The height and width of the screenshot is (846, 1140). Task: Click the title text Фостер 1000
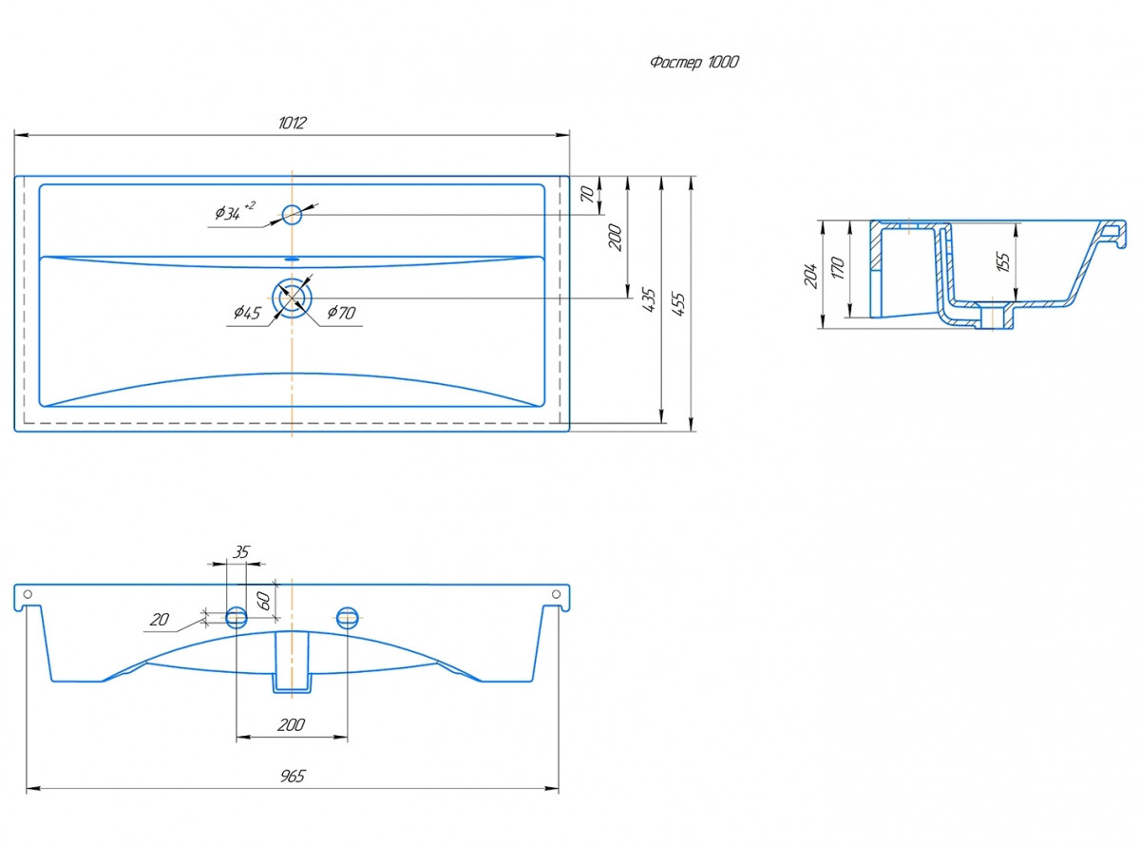(694, 62)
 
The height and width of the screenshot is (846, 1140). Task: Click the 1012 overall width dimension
(292, 123)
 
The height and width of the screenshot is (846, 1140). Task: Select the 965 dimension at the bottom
(293, 776)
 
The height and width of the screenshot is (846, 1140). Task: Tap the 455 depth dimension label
(678, 304)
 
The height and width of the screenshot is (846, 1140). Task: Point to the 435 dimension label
(649, 299)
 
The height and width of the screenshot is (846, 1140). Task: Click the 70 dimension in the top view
(587, 195)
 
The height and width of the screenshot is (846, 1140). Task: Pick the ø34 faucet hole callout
(235, 211)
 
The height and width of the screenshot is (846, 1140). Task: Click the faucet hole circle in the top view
(292, 214)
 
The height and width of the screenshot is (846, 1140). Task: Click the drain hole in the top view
(292, 298)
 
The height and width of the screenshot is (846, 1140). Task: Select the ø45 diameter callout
(247, 312)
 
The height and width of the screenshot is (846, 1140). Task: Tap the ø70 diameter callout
(341, 312)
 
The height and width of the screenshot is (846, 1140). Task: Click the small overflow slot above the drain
(292, 260)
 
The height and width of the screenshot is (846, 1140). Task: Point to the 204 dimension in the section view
(810, 276)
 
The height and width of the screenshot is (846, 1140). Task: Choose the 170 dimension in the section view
(838, 268)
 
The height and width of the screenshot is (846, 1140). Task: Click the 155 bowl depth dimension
(1003, 261)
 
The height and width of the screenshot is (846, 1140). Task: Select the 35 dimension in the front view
(240, 552)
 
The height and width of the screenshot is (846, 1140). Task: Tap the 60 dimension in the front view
(263, 600)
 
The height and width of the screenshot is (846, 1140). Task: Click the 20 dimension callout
(160, 619)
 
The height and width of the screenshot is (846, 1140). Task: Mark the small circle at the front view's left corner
(28, 594)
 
